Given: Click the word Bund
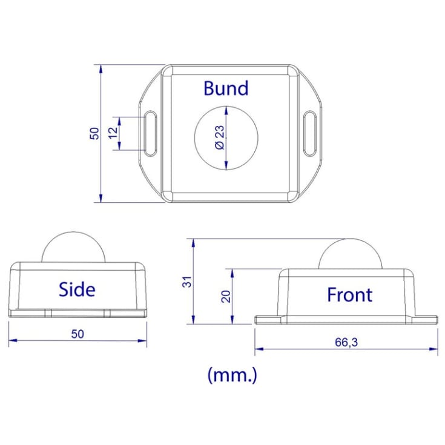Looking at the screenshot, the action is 226,88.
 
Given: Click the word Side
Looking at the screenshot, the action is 77,289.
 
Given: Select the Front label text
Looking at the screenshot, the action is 350,295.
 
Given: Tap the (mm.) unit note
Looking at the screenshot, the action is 232,375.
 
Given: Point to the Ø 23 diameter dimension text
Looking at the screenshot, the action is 220,137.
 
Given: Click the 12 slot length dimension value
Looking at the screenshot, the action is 113,133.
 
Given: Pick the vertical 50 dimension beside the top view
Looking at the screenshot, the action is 94,133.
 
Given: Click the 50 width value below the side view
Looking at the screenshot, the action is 77,334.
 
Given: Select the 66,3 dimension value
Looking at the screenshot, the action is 346,342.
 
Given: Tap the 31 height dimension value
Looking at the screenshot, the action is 187,282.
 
